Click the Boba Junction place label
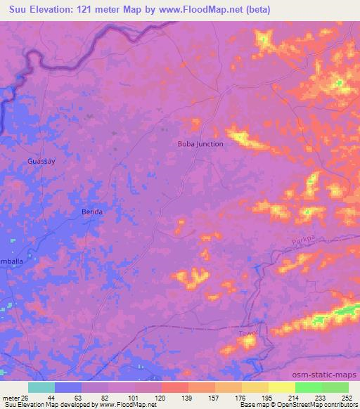[200, 144]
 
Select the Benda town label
[93, 212]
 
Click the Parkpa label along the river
[303, 244]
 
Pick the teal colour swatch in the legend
[41, 387]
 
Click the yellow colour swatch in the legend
[281, 387]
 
